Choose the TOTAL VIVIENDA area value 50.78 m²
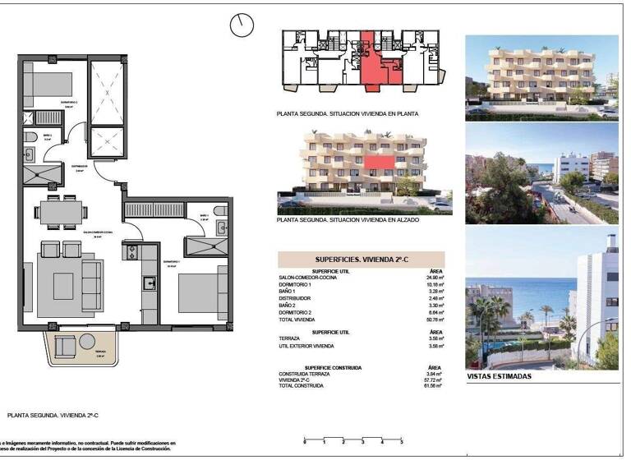435,319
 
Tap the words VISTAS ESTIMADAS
499,376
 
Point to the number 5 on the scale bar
401,443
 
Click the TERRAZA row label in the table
290,338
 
